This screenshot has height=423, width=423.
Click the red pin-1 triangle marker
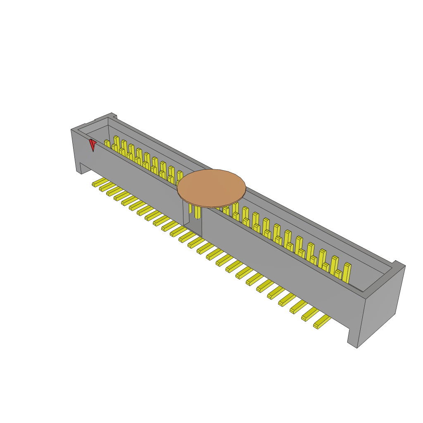click(x=93, y=144)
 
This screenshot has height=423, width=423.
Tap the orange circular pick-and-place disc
click(x=211, y=188)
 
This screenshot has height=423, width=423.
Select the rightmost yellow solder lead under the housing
click(x=322, y=321)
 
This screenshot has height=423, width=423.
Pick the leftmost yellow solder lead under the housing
click(x=98, y=182)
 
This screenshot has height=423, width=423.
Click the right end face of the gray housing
click(x=381, y=304)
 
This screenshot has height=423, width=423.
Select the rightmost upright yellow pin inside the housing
click(x=347, y=272)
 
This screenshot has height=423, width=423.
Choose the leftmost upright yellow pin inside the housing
click(x=107, y=143)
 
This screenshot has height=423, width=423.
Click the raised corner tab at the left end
click(x=106, y=116)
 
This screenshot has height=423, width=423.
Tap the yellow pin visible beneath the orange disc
click(x=197, y=212)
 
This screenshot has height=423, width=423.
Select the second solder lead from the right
click(x=310, y=314)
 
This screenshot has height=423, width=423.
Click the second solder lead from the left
click(x=105, y=187)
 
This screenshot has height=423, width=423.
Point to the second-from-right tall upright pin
click(x=334, y=264)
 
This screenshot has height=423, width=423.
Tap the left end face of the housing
click(x=75, y=149)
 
